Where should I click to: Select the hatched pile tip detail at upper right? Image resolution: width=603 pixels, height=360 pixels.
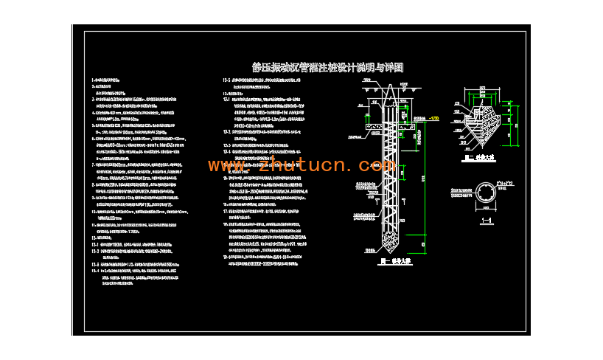[x=480, y=120]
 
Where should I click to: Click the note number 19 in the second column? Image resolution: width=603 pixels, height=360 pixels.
[x=225, y=257]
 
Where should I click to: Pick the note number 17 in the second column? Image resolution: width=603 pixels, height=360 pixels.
[x=225, y=211]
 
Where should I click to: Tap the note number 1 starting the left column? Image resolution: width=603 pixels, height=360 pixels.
[x=93, y=78]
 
